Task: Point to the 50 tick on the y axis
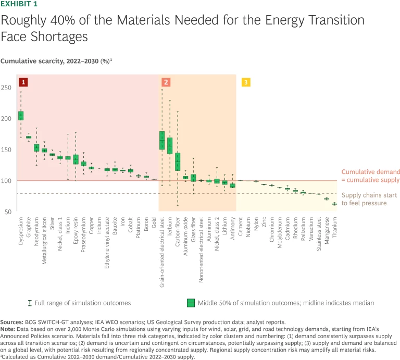tap(9, 212)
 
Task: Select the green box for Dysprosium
tap(21, 116)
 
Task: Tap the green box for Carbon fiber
tap(178, 162)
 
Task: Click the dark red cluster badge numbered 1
tap(23, 82)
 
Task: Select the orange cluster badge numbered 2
tap(165, 82)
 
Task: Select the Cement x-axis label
tap(241, 226)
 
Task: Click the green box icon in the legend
tap(191, 303)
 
